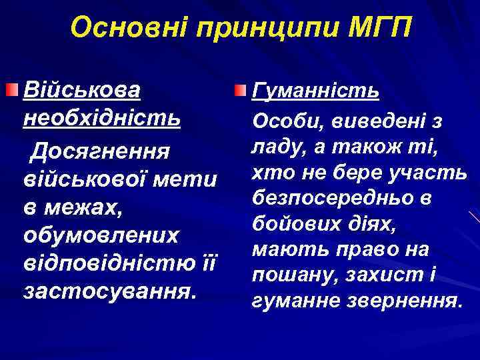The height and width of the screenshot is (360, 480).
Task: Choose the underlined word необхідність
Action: click(x=101, y=118)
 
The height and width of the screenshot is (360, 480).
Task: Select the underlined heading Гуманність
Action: click(x=315, y=90)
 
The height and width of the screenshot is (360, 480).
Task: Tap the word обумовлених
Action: click(x=101, y=236)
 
